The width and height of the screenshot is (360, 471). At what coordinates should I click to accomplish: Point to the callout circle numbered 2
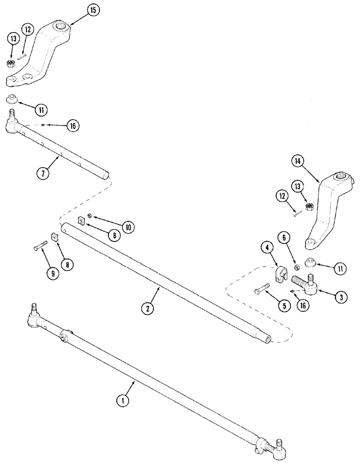pyautogui.click(x=147, y=309)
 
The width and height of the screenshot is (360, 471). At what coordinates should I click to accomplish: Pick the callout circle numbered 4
pyautogui.click(x=267, y=247)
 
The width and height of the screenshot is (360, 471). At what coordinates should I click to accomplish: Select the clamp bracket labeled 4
pyautogui.click(x=279, y=275)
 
